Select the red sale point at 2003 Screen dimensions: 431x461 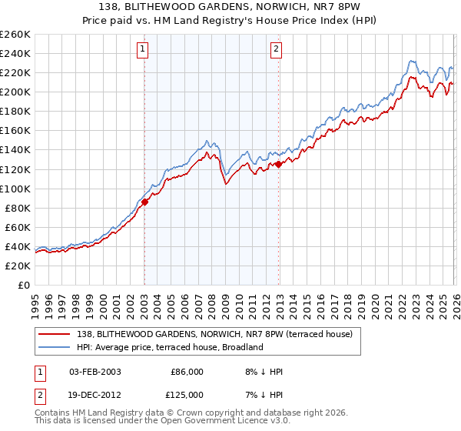144,202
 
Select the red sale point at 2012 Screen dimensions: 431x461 279,164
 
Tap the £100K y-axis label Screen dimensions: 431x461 15,189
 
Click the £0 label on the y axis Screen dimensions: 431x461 23,285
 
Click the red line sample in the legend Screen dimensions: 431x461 55,334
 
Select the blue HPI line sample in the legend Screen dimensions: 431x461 55,347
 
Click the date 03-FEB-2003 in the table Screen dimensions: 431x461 95,372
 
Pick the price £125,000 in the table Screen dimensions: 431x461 187,395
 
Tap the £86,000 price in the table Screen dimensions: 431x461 187,372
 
